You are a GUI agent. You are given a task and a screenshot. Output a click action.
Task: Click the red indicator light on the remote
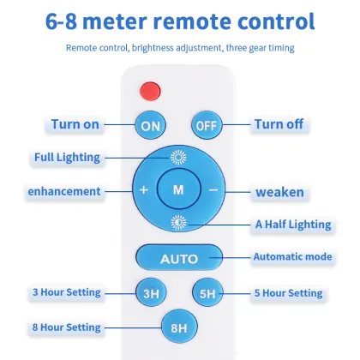[150, 91]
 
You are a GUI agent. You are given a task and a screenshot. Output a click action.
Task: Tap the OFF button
[207, 125]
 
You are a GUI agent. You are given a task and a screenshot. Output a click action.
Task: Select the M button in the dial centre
[179, 189]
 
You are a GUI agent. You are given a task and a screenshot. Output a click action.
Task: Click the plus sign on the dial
[144, 189]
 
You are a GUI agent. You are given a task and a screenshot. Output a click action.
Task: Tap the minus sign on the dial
[213, 189]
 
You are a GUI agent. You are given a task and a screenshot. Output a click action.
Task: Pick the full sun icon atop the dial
[178, 157]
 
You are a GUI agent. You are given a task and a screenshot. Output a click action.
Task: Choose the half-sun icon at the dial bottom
[178, 223]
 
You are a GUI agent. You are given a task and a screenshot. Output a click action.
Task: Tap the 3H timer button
[151, 293]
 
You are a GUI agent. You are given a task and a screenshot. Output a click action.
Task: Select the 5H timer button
[207, 293]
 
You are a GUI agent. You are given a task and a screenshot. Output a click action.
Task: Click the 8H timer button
[179, 327]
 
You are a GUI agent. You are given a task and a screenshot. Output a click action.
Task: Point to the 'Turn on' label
[75, 124]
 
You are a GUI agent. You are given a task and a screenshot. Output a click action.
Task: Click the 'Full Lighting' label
[67, 158]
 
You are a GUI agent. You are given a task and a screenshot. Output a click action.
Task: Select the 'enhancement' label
[64, 191]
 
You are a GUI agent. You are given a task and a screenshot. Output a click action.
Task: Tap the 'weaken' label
[279, 192]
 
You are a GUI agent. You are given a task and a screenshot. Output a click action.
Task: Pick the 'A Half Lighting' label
[293, 225]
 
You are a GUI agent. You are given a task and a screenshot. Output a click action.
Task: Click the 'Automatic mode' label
[293, 256]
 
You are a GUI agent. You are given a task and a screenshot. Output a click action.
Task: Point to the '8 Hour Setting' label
[67, 327]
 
